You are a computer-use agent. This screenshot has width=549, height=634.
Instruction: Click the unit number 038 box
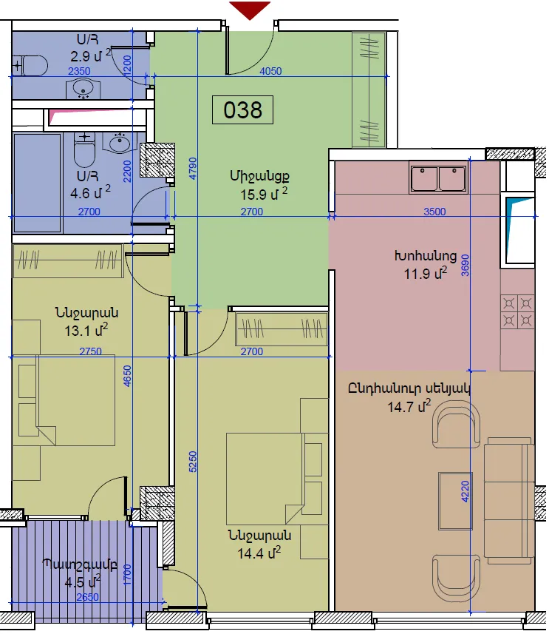[x=242, y=109]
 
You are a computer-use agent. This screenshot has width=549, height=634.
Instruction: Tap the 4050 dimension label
[x=270, y=71]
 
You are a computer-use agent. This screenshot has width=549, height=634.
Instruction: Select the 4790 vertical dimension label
[x=193, y=169]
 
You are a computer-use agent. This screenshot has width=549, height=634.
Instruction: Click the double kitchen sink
[x=438, y=178]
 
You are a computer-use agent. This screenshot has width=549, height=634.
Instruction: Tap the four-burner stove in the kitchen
[x=517, y=311]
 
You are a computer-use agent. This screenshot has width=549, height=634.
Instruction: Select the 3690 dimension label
[x=466, y=266]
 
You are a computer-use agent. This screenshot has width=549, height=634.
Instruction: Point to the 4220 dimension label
[x=466, y=491]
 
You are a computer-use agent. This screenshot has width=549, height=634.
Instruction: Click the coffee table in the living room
[x=455, y=501]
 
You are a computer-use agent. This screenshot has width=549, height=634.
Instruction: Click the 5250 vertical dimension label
[x=193, y=462]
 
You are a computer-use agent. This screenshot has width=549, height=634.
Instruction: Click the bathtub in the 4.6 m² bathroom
[x=38, y=183]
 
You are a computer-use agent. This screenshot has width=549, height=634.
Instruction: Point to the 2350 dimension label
[x=79, y=71]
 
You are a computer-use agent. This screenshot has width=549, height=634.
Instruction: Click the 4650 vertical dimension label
[x=127, y=376]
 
